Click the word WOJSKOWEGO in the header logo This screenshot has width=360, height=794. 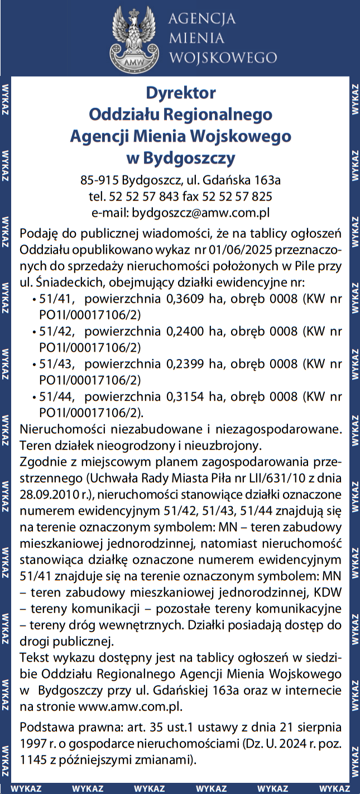tap(223, 58)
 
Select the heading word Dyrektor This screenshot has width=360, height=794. tap(180, 92)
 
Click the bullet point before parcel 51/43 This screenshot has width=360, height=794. tap(35, 365)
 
